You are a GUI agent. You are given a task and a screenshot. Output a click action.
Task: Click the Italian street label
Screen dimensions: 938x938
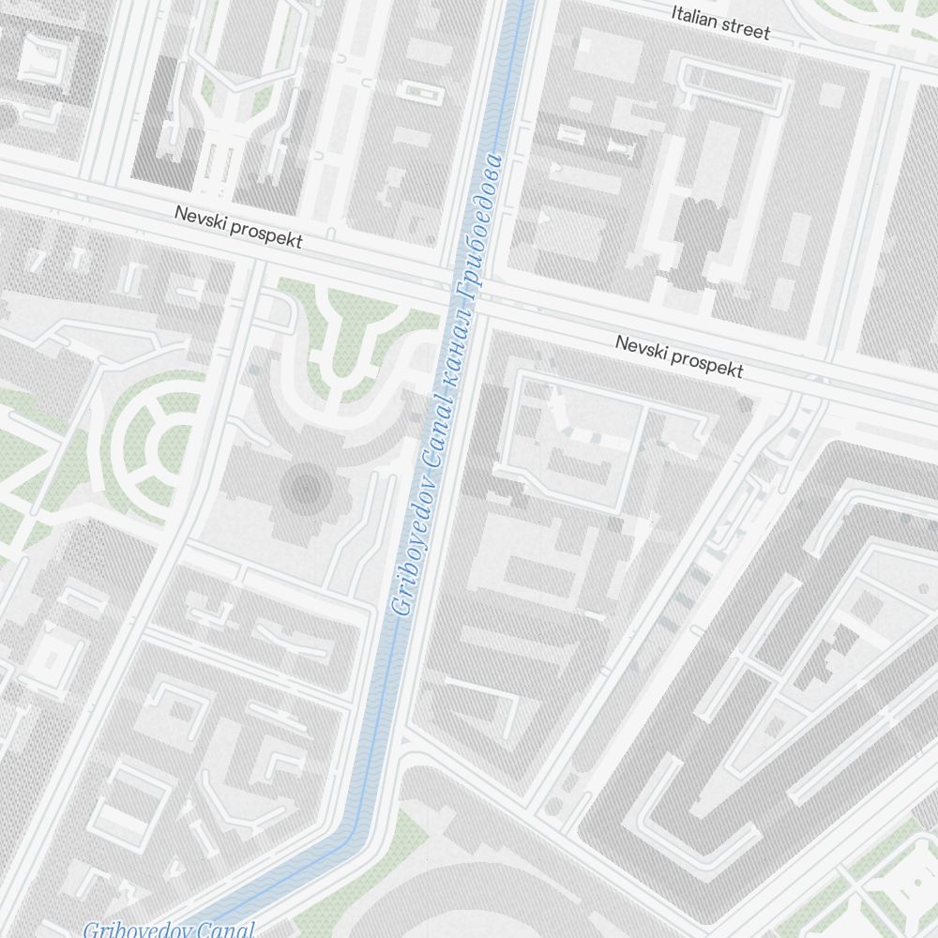click(720, 23)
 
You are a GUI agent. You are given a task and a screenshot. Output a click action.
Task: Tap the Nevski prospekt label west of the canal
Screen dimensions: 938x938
click(238, 227)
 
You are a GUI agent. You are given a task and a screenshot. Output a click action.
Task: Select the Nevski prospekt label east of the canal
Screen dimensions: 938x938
click(679, 356)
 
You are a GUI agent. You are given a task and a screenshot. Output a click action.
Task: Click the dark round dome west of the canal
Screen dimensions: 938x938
click(306, 487)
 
